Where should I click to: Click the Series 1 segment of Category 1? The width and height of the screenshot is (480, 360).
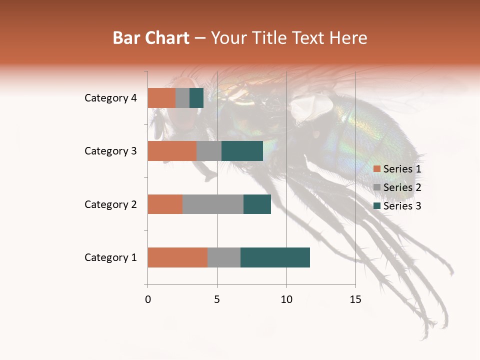coord(177,257)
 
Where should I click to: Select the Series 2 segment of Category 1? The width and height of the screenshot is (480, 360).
coord(223,257)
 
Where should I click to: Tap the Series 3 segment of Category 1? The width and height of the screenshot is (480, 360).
coord(275,257)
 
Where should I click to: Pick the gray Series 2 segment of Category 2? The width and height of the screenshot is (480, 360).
coord(212,204)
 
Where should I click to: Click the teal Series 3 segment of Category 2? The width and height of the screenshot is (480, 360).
coord(257,204)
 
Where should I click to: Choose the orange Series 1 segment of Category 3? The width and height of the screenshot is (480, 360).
coord(171,151)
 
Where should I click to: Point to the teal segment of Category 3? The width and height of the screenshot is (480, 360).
coord(242,151)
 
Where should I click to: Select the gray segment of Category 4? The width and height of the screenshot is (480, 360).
coord(182,98)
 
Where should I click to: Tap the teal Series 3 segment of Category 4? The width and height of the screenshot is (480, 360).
coord(196,98)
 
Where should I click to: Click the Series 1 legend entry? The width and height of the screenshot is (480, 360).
coord(397,169)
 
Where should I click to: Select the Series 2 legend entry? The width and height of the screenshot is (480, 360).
coord(397,187)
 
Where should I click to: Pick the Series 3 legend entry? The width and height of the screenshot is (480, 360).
coord(397,206)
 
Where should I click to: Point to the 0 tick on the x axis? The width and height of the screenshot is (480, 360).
coord(147,299)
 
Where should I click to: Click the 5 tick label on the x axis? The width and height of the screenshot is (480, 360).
coord(217,299)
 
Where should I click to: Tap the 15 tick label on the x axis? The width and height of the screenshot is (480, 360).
coord(355,299)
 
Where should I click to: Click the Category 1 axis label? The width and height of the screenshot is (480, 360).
coord(110,257)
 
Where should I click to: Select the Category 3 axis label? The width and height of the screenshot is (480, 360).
coord(110,151)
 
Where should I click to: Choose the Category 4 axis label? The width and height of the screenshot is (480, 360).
coord(110,98)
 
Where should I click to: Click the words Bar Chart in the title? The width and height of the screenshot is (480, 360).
coord(151,37)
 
